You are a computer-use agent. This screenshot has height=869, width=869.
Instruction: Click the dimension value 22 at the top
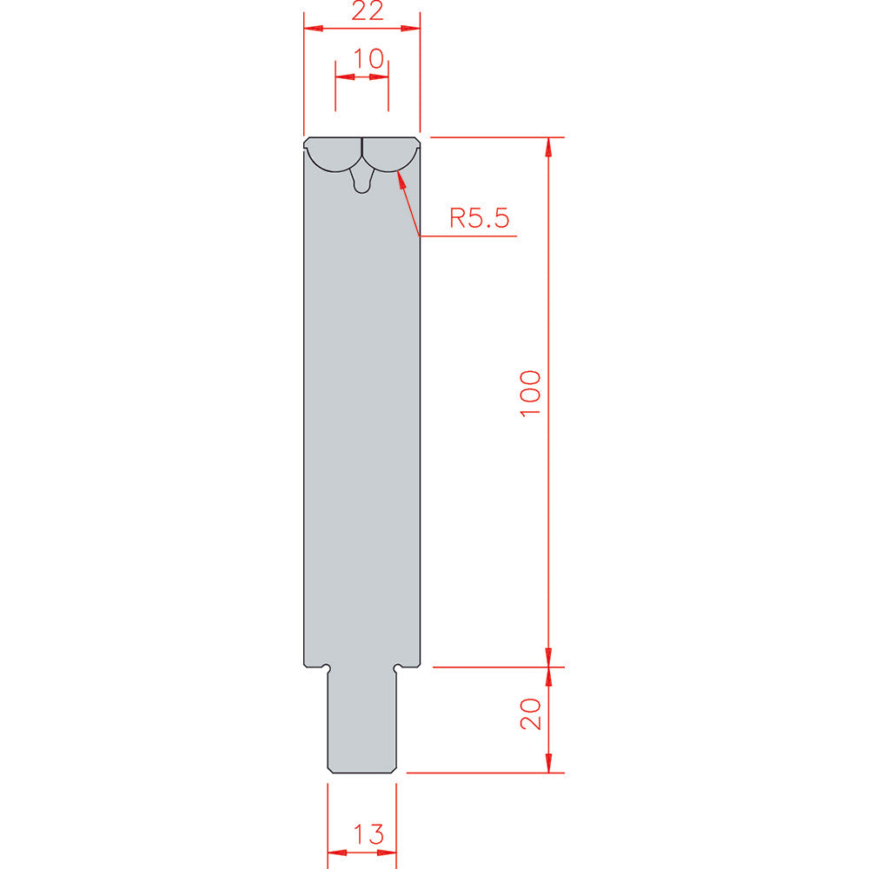368,11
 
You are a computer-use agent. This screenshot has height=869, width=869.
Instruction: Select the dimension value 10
368,59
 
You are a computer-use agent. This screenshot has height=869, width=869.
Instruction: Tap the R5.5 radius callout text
479,218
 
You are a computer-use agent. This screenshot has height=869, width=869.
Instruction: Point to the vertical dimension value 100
530,393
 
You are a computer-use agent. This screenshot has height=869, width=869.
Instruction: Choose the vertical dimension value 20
530,713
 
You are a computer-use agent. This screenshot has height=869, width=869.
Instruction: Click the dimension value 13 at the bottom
368,834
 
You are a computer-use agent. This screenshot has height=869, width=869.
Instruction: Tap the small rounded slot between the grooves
362,182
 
